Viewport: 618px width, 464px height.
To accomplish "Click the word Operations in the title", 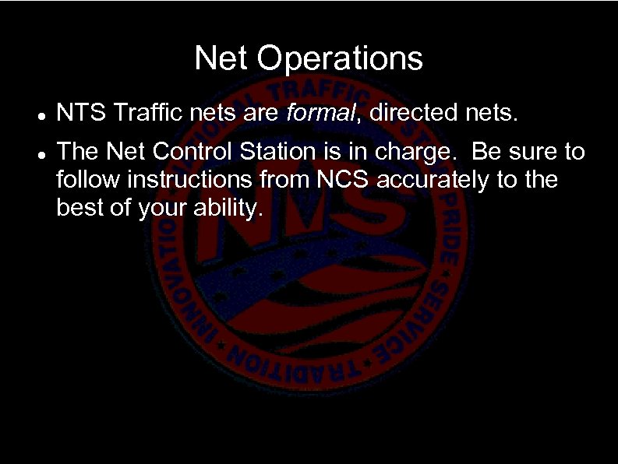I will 341,58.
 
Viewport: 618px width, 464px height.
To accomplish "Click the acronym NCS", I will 347,179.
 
